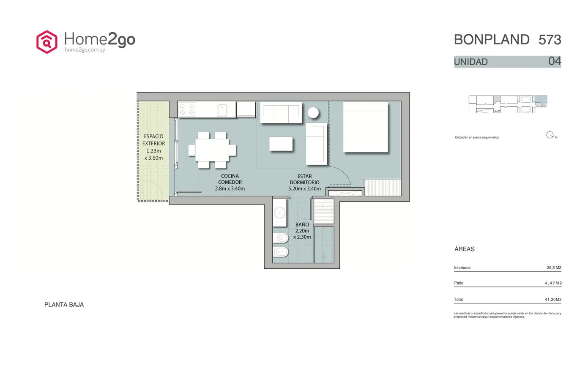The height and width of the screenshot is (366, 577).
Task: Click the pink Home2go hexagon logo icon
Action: point(46,42)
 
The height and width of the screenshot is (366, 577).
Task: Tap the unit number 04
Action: point(555,61)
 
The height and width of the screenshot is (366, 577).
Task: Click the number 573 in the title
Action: point(550,40)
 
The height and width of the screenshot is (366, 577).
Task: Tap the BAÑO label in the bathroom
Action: point(302,224)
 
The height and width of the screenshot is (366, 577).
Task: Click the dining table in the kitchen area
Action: point(212,150)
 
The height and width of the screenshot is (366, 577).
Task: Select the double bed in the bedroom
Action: point(366,127)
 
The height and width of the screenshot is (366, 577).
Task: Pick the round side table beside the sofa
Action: point(313,112)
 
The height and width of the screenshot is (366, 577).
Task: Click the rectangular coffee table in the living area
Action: point(281,144)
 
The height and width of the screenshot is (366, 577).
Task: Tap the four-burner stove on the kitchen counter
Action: point(187,109)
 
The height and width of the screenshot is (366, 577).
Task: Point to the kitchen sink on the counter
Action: point(222,110)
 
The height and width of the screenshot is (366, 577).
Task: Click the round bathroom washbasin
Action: point(279,213)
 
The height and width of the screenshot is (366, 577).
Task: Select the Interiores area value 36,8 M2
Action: point(554,268)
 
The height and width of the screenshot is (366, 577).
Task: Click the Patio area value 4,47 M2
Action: point(553,283)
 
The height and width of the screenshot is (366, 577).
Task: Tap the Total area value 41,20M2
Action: point(553,299)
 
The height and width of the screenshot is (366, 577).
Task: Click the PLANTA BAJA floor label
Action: point(64,305)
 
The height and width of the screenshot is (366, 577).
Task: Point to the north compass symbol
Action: point(550,135)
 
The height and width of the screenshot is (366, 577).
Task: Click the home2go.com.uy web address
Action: point(85,50)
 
